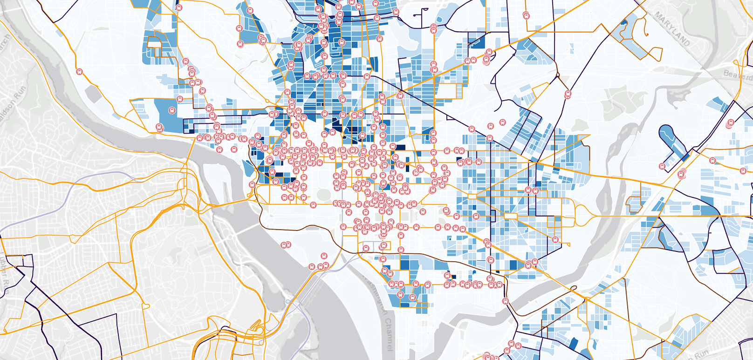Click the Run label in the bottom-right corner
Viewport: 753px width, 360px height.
point(702,354)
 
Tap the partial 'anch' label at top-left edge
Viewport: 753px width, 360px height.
point(5,40)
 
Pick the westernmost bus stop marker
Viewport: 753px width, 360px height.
point(79,72)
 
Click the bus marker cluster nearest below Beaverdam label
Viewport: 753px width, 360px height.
point(730,123)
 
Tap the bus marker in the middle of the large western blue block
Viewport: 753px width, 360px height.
point(171,111)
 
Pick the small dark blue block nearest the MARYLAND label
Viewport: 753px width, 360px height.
point(624,22)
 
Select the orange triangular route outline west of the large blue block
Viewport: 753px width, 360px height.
point(139,112)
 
